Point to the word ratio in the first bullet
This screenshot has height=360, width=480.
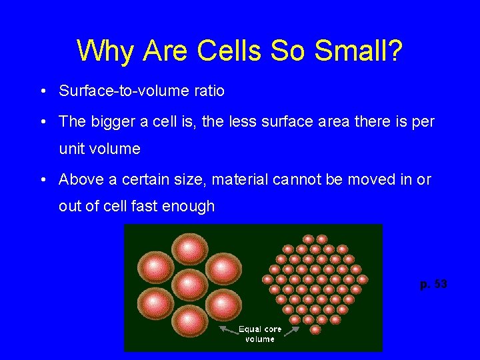tap(209, 91)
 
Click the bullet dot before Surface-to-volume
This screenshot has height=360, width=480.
tap(43, 91)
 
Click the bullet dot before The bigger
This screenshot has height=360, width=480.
tap(43, 122)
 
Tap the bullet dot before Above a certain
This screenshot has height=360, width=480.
tap(43, 180)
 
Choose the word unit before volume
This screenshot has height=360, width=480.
tap(71, 149)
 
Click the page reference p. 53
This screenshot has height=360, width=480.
tap(433, 285)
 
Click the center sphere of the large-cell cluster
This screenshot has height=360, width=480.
tap(191, 285)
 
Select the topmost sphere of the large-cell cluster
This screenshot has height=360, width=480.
tap(190, 249)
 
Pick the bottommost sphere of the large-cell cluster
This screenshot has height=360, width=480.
tap(190, 321)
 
